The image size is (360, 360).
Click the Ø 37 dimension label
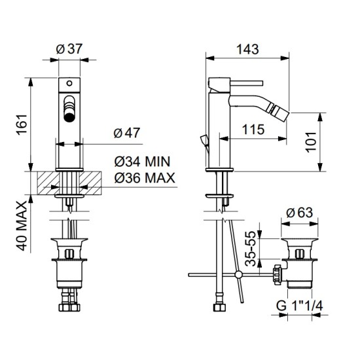pyautogui.click(x=69, y=49)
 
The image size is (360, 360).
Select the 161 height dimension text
pyautogui.click(x=22, y=124)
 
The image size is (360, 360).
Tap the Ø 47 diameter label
pyautogui.click(x=127, y=133)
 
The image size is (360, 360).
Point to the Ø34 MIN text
pyautogui.click(x=142, y=162)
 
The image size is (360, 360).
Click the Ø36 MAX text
pyautogui.click(x=145, y=177)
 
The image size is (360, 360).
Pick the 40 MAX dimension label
pyautogui.click(x=22, y=226)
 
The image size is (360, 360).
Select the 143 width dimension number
pyautogui.click(x=247, y=49)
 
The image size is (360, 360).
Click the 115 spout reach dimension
pyautogui.click(x=253, y=129)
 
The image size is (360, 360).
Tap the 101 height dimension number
pyautogui.click(x=311, y=141)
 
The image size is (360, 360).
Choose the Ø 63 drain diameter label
pyautogui.click(x=299, y=213)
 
